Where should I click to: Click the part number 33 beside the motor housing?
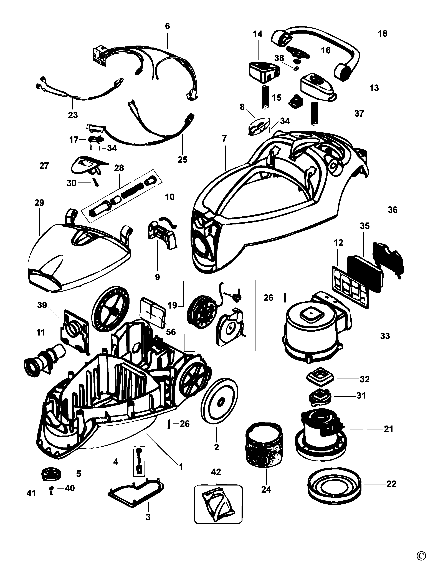(385, 336)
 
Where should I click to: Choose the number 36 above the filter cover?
(392, 210)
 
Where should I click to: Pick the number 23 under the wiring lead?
(73, 115)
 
